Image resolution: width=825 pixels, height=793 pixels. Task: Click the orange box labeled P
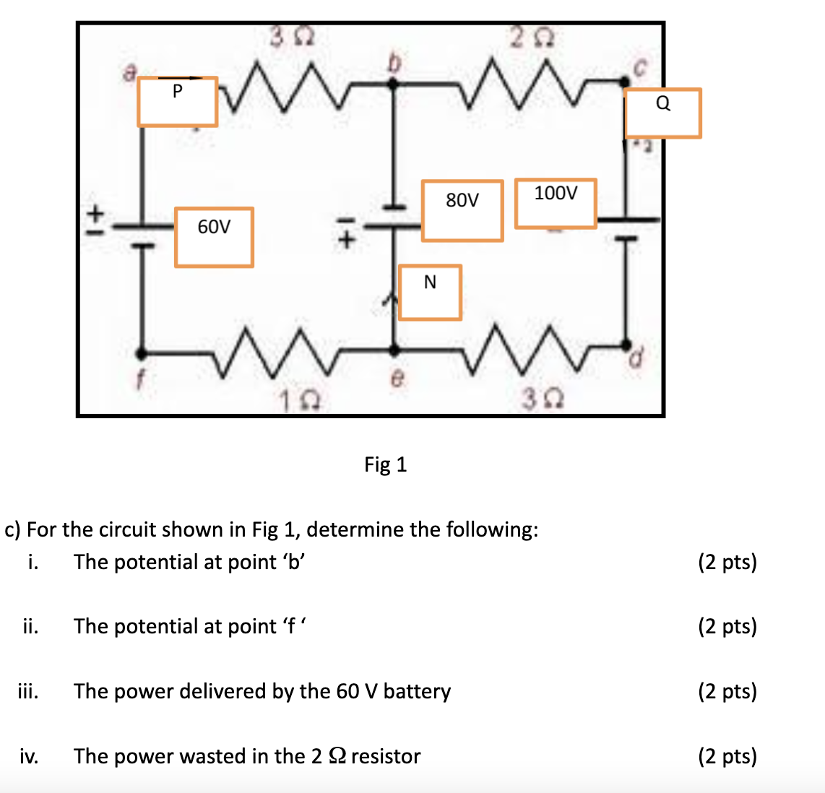point(177,102)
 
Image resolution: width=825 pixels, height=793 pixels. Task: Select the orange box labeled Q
point(662,113)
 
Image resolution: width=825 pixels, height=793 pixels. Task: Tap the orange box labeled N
point(430,292)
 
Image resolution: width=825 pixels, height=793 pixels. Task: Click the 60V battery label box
point(214,237)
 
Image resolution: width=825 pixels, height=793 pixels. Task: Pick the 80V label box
point(462,210)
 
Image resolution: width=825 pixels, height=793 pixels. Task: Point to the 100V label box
point(556,203)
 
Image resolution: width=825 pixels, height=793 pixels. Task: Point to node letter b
point(394,64)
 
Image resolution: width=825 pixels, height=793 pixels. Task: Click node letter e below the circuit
point(395,377)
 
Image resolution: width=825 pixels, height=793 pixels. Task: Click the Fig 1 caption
point(385,464)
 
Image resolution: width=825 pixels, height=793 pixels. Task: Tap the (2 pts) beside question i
point(727,562)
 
